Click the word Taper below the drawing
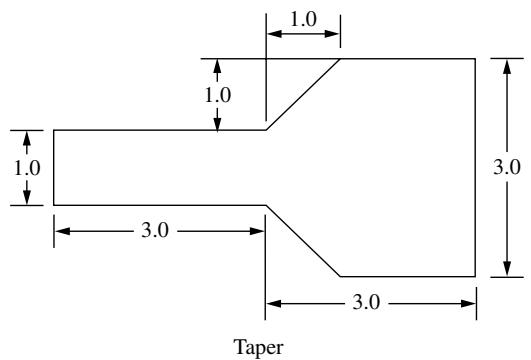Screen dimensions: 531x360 pyautogui.click(x=258, y=348)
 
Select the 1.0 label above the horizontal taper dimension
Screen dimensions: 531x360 pyautogui.click(x=304, y=20)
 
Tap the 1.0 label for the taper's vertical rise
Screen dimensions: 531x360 pyautogui.click(x=218, y=95)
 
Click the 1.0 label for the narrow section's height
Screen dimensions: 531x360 pyautogui.click(x=27, y=168)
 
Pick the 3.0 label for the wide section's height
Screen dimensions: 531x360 pyautogui.click(x=507, y=167)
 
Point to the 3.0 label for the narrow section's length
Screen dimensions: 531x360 pyautogui.click(x=155, y=231)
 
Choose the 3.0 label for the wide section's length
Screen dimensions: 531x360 pyautogui.click(x=366, y=302)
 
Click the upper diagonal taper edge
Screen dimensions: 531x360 pyautogui.click(x=303, y=94)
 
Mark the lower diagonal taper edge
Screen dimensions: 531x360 pyautogui.click(x=303, y=241)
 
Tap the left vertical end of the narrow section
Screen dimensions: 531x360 pyautogui.click(x=54, y=167)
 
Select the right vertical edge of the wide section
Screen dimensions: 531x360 pyautogui.click(x=475, y=168)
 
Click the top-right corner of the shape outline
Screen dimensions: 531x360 pyautogui.click(x=475, y=59)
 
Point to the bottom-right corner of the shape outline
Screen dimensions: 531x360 pyautogui.click(x=475, y=277)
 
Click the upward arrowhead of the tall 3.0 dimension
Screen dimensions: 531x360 pyautogui.click(x=507, y=67)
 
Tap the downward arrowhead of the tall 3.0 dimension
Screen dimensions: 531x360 pyautogui.click(x=507, y=269)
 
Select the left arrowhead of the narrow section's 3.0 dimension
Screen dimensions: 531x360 pyautogui.click(x=62, y=231)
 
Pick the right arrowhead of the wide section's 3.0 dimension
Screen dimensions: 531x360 pyautogui.click(x=468, y=303)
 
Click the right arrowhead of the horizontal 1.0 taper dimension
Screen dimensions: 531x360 pyautogui.click(x=332, y=34)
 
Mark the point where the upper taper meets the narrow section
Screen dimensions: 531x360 pyautogui.click(x=266, y=130)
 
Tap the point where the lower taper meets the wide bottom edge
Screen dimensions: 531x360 pyautogui.click(x=340, y=277)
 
